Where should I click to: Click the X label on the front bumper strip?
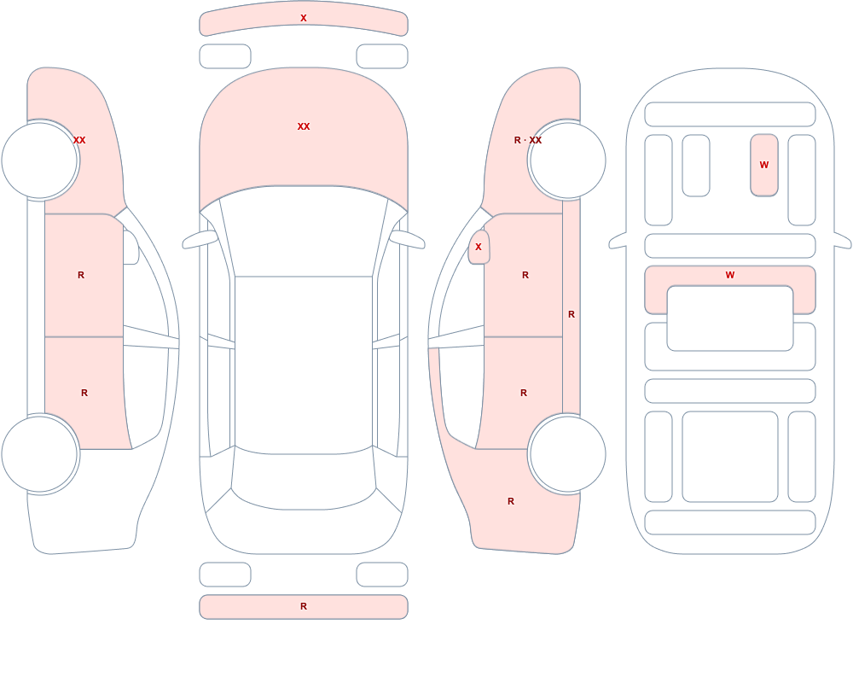coord(304,18)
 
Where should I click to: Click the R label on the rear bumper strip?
coord(304,606)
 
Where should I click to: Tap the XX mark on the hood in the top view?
coord(304,126)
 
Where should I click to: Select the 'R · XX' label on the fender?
coord(528,140)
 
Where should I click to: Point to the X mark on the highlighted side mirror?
coord(479,247)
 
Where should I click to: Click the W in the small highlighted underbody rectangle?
coord(763,165)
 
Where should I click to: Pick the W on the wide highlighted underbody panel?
coord(730,275)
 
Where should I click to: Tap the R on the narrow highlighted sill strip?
coord(572,314)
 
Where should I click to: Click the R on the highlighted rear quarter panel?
coord(511,501)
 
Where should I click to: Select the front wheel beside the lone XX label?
coord(40,160)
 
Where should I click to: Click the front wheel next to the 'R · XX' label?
coord(567,160)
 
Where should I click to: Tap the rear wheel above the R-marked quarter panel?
coord(567,453)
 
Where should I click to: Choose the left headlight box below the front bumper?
coord(225,56)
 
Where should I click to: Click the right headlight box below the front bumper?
coord(382,56)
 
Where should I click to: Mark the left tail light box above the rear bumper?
coord(225,575)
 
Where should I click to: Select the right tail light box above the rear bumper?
coord(382,575)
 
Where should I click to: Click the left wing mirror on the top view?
coord(200,240)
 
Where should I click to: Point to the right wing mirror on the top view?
coord(407,240)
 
